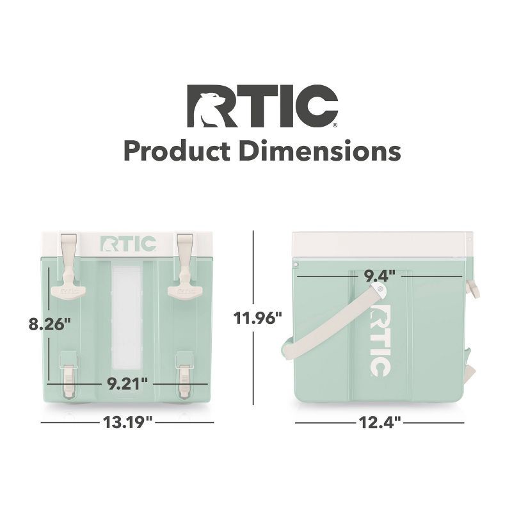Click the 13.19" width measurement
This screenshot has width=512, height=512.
(x=127, y=422)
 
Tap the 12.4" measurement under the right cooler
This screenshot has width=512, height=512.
(x=380, y=422)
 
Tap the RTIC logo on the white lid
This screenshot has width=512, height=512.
(x=128, y=244)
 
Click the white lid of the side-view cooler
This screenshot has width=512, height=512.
(x=381, y=244)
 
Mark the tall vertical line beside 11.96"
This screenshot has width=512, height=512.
(x=254, y=317)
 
